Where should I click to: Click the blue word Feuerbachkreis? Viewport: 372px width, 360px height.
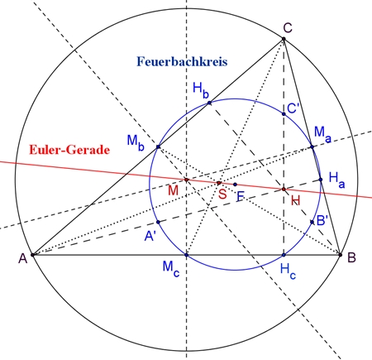tap(182, 61)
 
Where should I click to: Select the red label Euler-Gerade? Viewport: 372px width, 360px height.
tap(69, 150)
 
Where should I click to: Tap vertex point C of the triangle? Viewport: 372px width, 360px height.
tap(284, 39)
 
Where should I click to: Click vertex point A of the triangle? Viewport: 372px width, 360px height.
tap(32, 255)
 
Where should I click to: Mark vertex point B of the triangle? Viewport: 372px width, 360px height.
tap(341, 255)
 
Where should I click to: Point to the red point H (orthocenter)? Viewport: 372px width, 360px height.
tap(284, 190)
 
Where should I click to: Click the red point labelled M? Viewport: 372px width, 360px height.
tap(187, 180)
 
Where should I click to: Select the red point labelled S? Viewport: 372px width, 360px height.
tap(219, 183)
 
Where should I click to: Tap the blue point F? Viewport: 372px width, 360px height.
tap(235, 185)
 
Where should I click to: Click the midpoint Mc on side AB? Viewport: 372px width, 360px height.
tap(187, 255)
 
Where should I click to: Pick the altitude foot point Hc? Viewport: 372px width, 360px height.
tap(284, 255)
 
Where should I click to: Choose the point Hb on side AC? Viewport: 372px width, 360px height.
tap(209, 103)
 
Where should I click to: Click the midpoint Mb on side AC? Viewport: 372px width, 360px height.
tap(158, 147)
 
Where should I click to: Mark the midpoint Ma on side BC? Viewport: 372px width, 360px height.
tap(312, 147)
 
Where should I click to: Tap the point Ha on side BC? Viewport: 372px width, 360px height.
tap(321, 180)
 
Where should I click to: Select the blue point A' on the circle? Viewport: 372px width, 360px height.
tap(158, 222)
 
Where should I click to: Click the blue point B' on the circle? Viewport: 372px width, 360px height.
tap(312, 222)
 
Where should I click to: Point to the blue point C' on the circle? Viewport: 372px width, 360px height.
tap(284, 114)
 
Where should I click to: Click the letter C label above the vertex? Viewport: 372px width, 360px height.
tap(288, 28)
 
